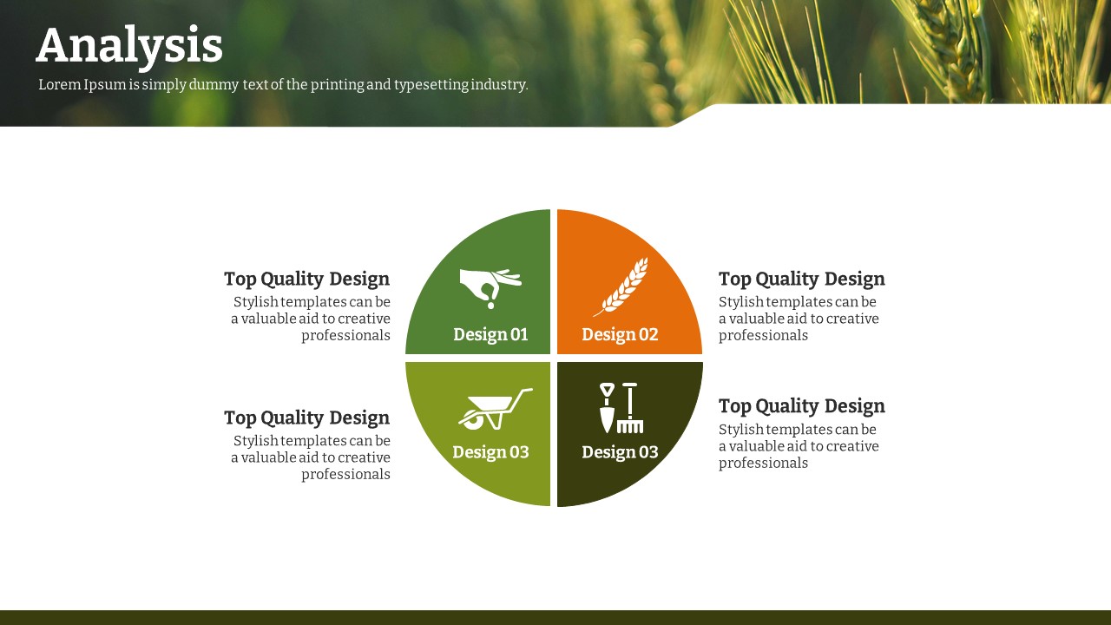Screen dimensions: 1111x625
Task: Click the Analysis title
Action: (x=129, y=47)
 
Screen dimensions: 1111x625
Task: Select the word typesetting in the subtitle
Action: (x=431, y=85)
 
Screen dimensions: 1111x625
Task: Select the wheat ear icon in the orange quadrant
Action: (x=621, y=286)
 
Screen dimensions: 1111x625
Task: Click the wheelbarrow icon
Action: (x=495, y=409)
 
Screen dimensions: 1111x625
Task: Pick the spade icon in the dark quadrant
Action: (x=607, y=407)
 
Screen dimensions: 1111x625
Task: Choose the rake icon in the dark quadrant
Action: (x=630, y=408)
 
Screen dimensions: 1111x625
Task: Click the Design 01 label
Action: (x=490, y=335)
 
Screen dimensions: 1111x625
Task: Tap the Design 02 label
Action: (x=620, y=335)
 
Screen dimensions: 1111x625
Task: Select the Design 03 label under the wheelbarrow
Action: (x=490, y=452)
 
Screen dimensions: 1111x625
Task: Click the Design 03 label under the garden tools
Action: (x=620, y=452)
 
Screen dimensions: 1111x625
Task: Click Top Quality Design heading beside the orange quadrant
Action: (x=801, y=280)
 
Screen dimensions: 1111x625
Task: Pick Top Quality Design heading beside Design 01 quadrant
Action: (x=307, y=280)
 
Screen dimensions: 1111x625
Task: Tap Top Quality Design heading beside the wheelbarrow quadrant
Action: (x=307, y=418)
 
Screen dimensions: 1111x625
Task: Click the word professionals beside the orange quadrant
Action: (x=763, y=336)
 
